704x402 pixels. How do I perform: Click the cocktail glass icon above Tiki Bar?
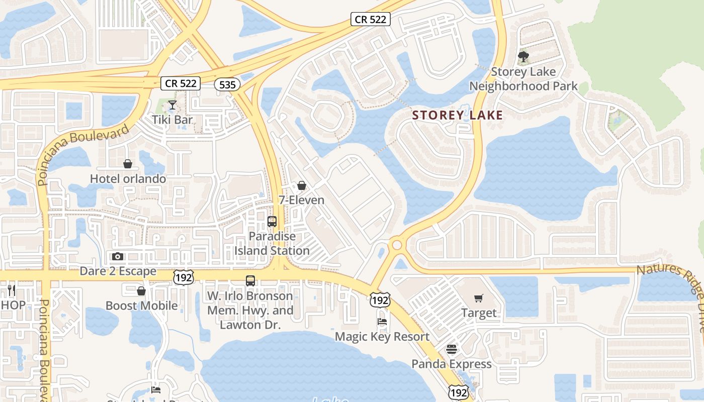(172, 105)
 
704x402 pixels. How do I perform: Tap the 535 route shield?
(227, 84)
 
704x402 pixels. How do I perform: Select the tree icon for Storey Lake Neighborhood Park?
(523, 56)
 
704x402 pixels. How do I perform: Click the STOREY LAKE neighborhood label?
(457, 115)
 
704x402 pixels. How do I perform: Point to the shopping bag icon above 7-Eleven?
(302, 185)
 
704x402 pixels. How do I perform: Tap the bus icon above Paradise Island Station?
(272, 221)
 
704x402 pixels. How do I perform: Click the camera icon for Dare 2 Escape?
(118, 257)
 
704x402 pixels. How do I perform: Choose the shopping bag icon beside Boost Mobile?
(141, 291)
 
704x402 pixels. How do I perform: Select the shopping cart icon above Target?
(478, 298)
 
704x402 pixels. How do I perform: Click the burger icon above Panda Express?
(452, 349)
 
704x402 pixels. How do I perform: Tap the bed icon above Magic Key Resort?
(382, 322)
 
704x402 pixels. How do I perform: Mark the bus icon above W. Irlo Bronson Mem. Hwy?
(250, 281)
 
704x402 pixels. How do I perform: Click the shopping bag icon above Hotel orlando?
(128, 164)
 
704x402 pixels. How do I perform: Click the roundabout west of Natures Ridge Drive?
(397, 245)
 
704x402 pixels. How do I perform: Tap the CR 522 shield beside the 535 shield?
(181, 83)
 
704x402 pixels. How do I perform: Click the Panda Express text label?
(452, 364)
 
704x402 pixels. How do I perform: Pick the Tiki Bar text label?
(172, 120)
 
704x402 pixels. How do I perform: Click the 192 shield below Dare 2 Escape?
(183, 277)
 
